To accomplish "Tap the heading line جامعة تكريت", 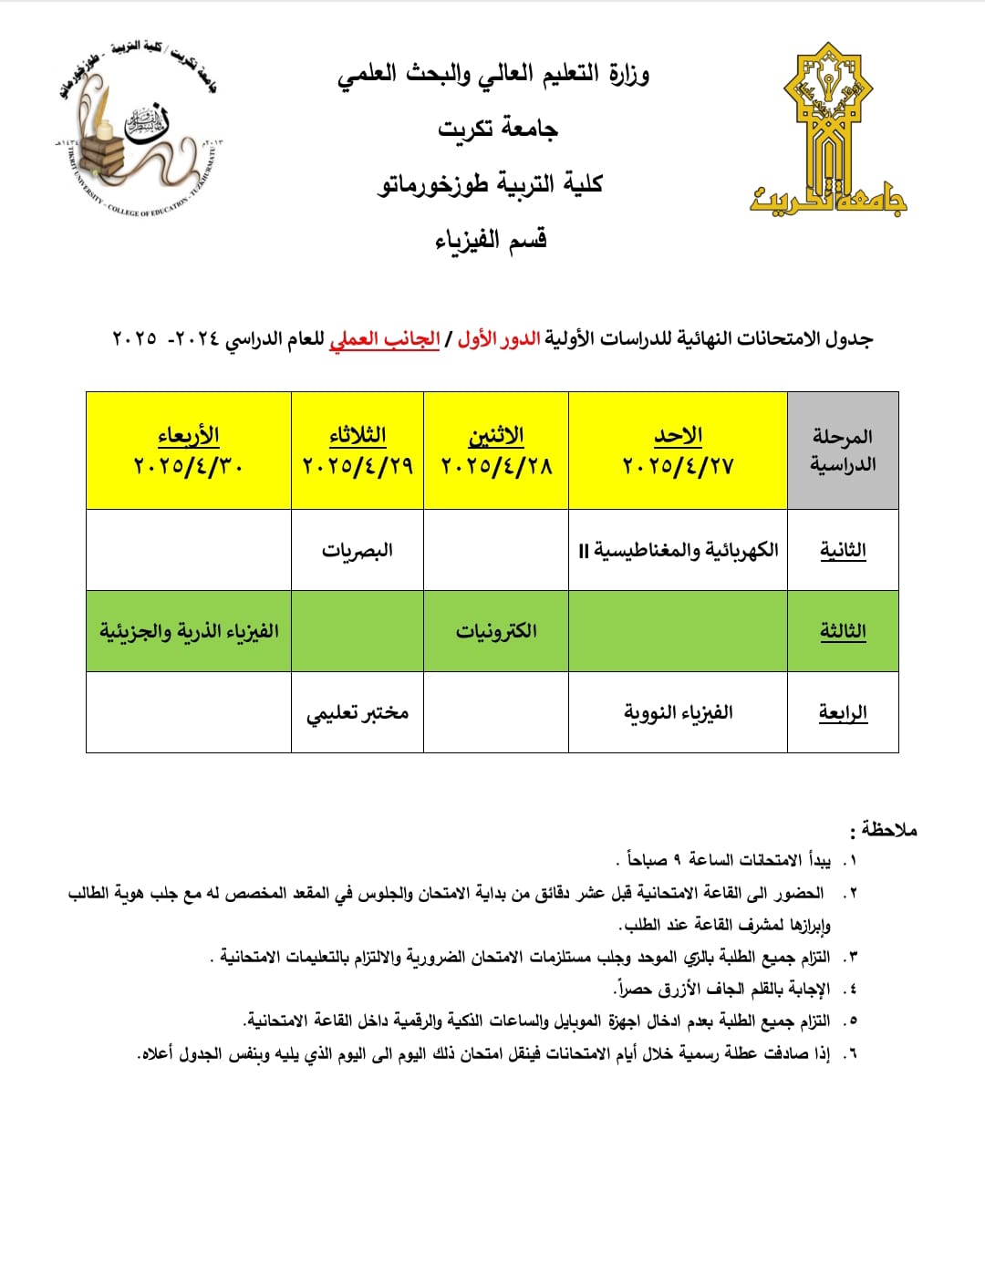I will (497, 129).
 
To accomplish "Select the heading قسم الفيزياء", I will (491, 240).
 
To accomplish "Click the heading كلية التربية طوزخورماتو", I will (491, 184).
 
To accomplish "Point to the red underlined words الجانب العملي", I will (384, 339).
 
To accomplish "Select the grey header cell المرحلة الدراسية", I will (843, 451).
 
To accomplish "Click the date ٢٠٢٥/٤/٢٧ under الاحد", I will (678, 467).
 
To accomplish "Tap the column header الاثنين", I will (496, 436).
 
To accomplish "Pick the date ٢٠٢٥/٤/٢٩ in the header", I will (358, 467).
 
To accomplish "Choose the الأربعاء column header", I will (189, 436).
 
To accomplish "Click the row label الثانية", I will (843, 550).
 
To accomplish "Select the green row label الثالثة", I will (843, 631).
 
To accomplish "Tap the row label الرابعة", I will (843, 712).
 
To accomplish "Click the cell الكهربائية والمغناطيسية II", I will (678, 550).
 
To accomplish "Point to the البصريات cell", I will (357, 550).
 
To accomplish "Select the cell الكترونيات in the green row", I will (496, 631).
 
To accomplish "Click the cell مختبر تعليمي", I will (357, 712).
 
